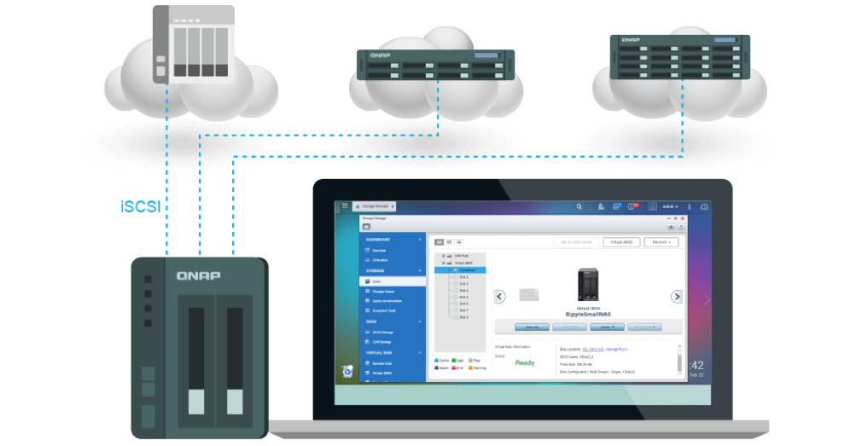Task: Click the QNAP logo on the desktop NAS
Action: pyautogui.click(x=199, y=275)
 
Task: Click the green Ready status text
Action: pyautogui.click(x=525, y=362)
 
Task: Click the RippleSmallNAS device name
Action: pyautogui.click(x=589, y=314)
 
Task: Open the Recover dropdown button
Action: pyautogui.click(x=661, y=242)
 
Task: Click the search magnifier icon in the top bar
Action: pyautogui.click(x=579, y=206)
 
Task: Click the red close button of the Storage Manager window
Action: pyautogui.click(x=682, y=219)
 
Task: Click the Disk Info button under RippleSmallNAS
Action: pyautogui.click(x=532, y=327)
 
